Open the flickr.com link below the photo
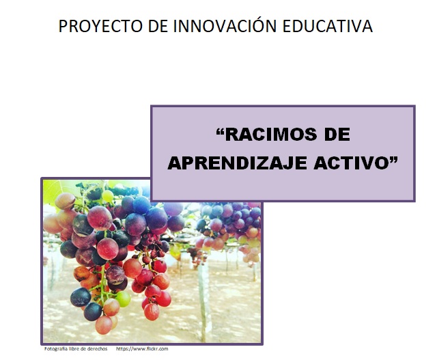click(142, 349)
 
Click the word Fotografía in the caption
click(57, 349)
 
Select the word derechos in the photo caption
click(95, 349)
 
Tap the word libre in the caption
click(76, 349)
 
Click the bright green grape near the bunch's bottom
click(123, 299)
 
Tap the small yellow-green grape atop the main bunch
click(107, 196)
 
